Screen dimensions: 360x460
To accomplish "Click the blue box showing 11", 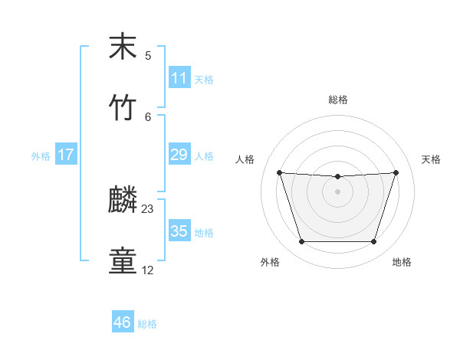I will coord(179,78).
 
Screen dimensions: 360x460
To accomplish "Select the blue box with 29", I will coord(179,155).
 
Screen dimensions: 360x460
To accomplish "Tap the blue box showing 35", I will coord(179,231).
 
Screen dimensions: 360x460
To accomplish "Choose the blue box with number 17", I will coord(66,155).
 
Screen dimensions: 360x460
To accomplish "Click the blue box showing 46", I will coord(123,322).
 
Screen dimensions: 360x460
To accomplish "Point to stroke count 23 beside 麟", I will coord(148,208).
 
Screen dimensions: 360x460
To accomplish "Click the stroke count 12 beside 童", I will coord(148,270).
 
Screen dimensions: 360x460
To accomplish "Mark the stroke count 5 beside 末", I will coord(148,55).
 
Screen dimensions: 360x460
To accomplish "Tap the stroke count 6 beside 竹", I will coord(148,116).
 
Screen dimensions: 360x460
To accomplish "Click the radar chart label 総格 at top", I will coord(338,100).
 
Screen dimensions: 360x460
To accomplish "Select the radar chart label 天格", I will coord(431,159).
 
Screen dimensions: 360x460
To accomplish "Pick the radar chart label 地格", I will coord(402,262).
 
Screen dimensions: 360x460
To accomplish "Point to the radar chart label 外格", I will coord(270,262).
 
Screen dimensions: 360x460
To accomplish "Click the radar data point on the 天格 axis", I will coord(396,172).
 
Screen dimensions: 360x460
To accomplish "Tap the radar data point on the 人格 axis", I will coord(280,172).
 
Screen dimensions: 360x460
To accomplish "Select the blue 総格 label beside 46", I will coord(147,324).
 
